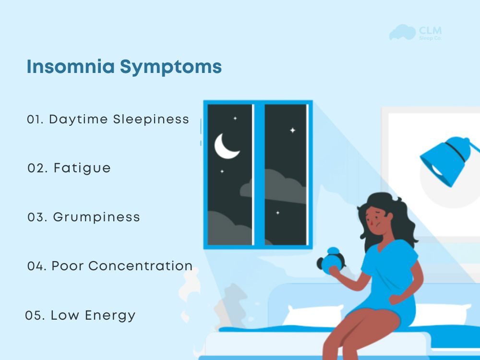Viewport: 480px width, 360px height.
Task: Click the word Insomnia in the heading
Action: click(71, 67)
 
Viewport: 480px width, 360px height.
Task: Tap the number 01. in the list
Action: click(36, 119)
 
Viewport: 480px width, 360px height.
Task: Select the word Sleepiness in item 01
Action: click(151, 119)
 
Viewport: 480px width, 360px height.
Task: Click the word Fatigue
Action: click(82, 168)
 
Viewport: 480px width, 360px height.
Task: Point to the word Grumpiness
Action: click(96, 217)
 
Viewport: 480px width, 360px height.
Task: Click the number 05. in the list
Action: click(35, 315)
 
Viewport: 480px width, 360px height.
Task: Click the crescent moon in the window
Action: click(226, 146)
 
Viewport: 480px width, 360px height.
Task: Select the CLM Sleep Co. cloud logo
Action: click(402, 33)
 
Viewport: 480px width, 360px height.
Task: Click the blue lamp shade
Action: click(446, 161)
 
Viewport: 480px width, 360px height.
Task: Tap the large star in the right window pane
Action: click(292, 130)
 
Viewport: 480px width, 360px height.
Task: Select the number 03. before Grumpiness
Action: click(36, 217)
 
